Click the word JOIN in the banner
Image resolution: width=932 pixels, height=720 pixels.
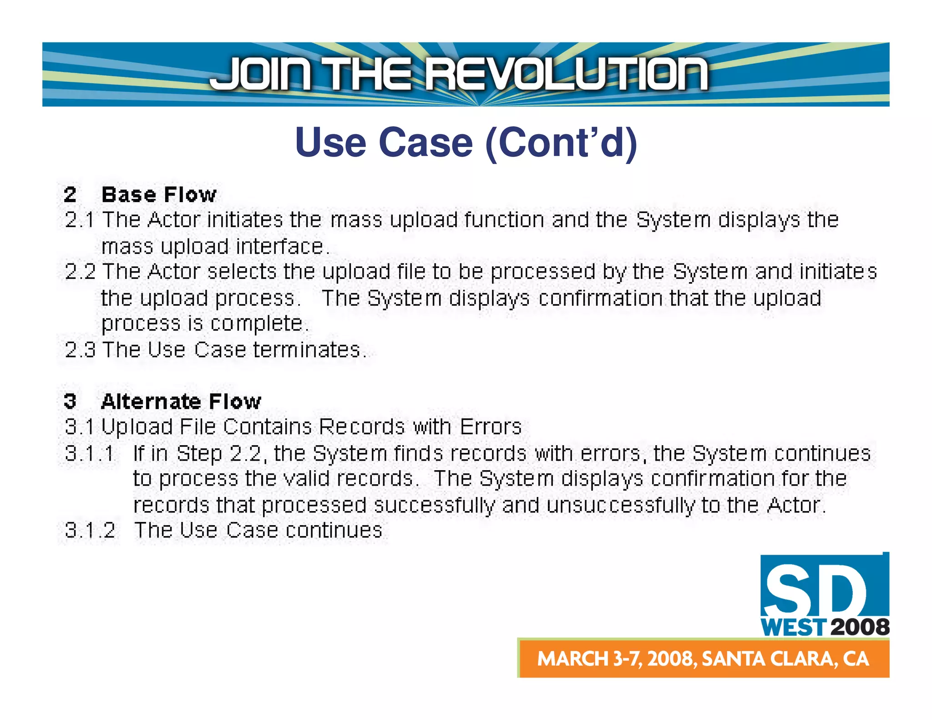tap(262, 73)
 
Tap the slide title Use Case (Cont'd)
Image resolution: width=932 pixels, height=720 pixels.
tap(466, 142)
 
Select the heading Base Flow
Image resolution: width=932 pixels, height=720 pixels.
tap(159, 195)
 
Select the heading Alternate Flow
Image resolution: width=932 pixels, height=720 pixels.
tap(181, 401)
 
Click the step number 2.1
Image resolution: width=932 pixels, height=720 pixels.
tap(80, 220)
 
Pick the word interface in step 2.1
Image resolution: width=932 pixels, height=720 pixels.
tap(279, 247)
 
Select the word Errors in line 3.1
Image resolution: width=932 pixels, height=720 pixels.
tap(491, 427)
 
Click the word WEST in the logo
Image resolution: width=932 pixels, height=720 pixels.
tap(793, 628)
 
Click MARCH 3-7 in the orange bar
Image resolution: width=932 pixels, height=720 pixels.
tap(589, 659)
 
